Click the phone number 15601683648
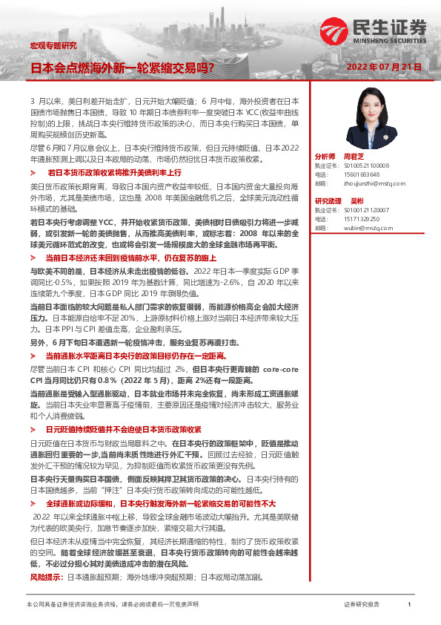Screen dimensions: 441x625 (x=357, y=174)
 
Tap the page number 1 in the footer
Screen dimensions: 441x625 (x=409, y=605)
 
